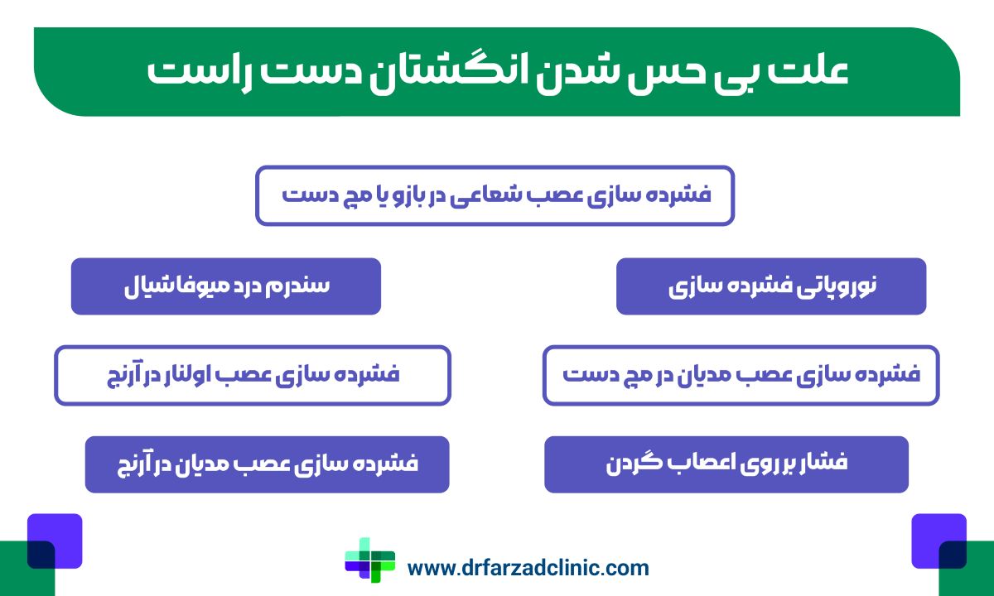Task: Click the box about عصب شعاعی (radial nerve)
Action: (x=495, y=195)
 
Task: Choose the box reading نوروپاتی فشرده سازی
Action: (x=770, y=286)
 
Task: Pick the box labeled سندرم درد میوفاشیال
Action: (x=225, y=286)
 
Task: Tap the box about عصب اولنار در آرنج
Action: (x=252, y=375)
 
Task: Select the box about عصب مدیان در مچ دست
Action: (x=741, y=375)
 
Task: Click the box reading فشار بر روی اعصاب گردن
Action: (x=726, y=464)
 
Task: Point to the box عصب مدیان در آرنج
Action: (x=267, y=464)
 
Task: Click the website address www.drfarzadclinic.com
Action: (x=528, y=568)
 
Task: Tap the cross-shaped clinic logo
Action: (x=369, y=560)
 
